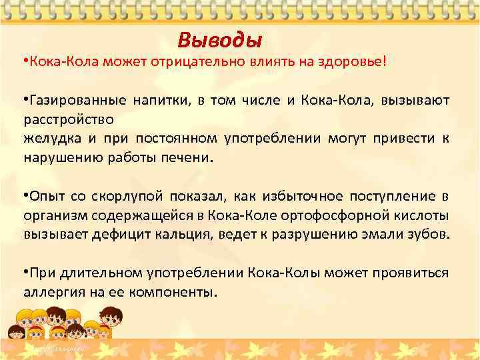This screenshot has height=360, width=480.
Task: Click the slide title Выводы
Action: (x=220, y=41)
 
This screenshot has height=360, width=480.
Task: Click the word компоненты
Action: (x=176, y=293)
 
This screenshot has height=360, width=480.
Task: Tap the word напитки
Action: (x=163, y=101)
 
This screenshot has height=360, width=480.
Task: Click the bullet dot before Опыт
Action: (x=25, y=196)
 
